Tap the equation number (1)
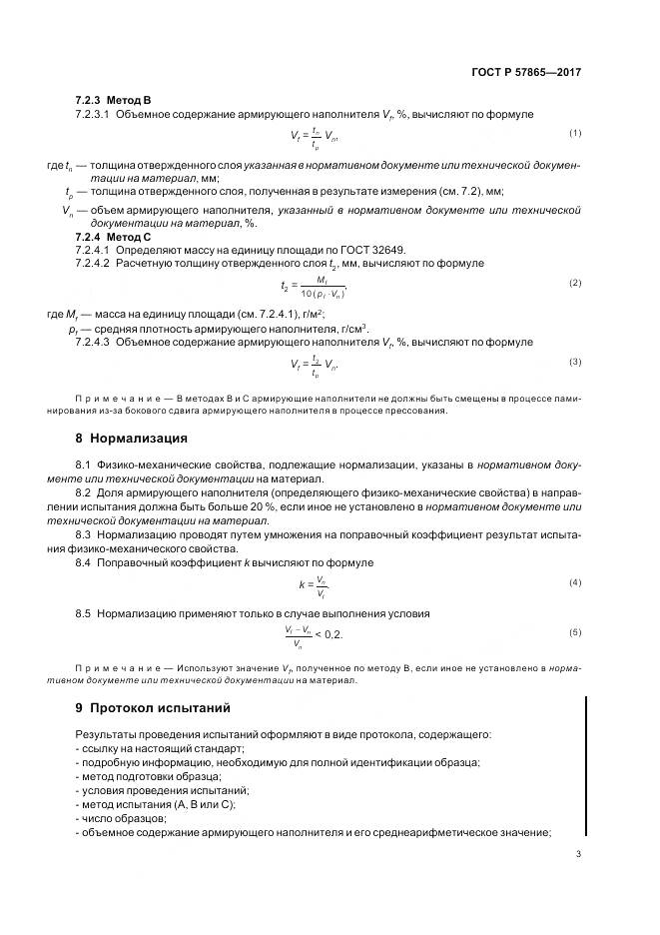coord(575,133)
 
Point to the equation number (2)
coord(575,284)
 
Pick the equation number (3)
coord(575,361)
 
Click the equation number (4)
coord(575,581)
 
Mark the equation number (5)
coord(575,632)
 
